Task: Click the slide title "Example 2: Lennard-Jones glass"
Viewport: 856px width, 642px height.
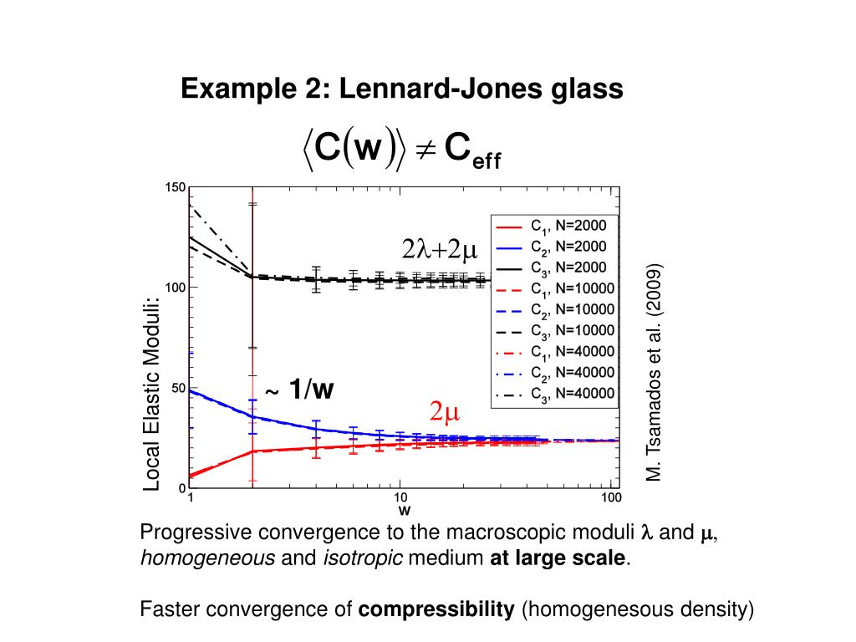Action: pyautogui.click(x=402, y=88)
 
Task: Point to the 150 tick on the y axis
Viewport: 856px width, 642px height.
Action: pyautogui.click(x=175, y=188)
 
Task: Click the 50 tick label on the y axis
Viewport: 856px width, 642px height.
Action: pyautogui.click(x=178, y=388)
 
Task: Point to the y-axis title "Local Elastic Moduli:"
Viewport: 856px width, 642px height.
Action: pyautogui.click(x=152, y=393)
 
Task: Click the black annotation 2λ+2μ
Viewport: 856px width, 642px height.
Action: pyautogui.click(x=439, y=250)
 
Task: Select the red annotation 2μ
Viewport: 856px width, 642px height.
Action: pyautogui.click(x=445, y=411)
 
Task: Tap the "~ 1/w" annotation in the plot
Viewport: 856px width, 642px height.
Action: pyautogui.click(x=298, y=390)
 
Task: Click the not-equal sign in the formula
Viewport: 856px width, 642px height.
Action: pyautogui.click(x=424, y=150)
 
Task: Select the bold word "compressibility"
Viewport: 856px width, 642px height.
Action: pyautogui.click(x=436, y=610)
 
